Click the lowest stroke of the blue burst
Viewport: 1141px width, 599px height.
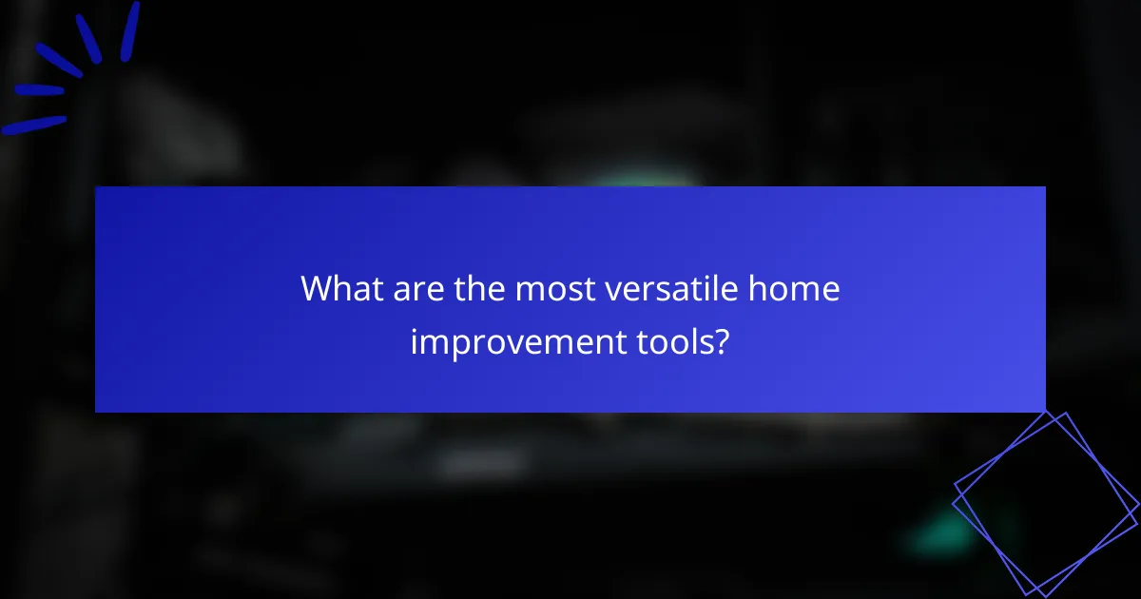33,125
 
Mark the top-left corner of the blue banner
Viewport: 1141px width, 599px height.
96,187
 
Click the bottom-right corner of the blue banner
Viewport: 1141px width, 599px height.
1044,411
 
